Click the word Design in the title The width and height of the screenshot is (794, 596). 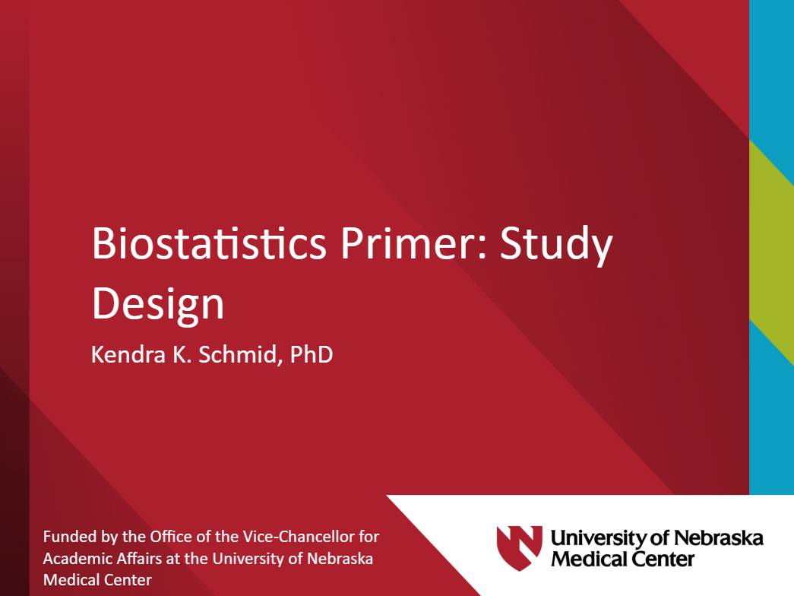tap(158, 304)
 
